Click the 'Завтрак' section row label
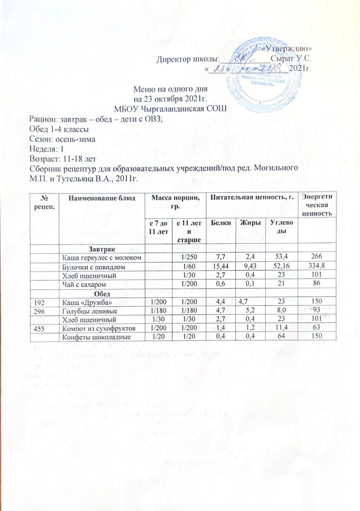[102, 248]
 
